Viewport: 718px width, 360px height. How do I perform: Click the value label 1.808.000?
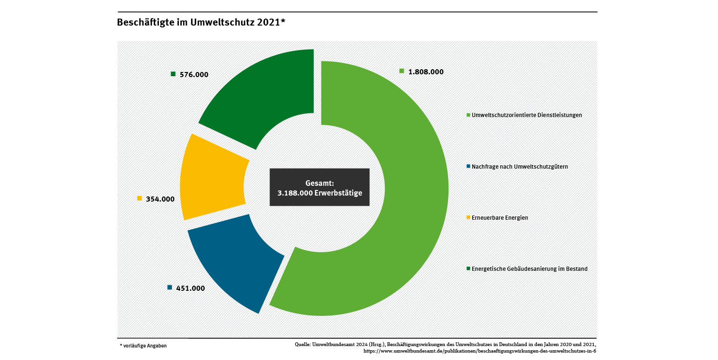426,72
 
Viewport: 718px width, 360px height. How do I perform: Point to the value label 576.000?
194,74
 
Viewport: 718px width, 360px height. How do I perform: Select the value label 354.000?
160,199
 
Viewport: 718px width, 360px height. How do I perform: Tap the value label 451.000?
191,288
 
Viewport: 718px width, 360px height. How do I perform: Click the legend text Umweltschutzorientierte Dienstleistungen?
527,115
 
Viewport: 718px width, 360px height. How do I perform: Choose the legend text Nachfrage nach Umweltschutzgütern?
520,166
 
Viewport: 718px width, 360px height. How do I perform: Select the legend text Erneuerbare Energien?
500,217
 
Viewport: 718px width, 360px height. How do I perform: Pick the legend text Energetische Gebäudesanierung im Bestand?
529,269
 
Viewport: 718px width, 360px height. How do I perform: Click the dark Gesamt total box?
319,187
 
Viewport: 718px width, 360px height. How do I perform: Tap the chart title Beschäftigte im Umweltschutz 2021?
200,22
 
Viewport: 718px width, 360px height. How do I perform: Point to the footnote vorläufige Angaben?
144,346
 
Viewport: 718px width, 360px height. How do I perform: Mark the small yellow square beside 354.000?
139,198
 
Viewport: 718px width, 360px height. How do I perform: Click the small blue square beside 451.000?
170,288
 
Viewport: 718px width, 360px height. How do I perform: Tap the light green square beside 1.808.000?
402,71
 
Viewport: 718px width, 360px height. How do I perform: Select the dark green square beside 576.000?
173,74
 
